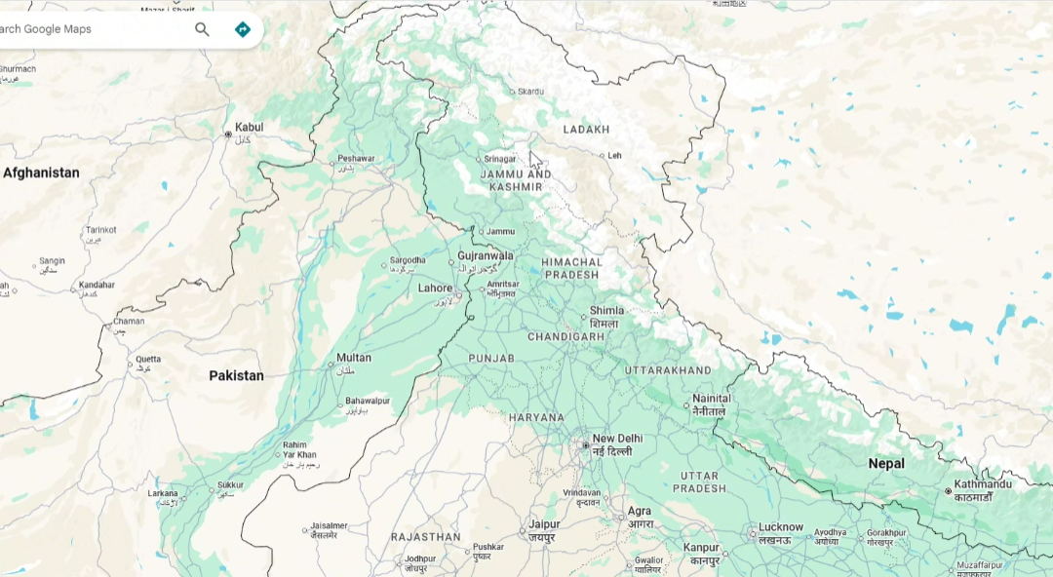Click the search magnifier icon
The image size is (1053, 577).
click(202, 29)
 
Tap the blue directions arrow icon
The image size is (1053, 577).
click(242, 29)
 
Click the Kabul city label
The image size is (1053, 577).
click(249, 128)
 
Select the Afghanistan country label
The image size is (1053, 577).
click(41, 173)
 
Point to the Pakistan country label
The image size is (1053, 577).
click(236, 375)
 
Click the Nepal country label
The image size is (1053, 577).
click(886, 464)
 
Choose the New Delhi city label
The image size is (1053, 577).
click(617, 439)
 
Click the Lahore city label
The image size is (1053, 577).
click(435, 288)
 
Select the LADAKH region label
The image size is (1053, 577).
click(586, 130)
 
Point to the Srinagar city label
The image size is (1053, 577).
click(499, 159)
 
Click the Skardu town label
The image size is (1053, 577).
click(530, 92)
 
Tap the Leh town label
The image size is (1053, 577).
click(614, 155)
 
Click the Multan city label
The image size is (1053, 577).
click(353, 358)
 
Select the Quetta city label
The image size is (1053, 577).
click(148, 359)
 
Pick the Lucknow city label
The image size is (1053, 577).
click(780, 527)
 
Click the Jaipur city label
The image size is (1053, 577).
click(543, 524)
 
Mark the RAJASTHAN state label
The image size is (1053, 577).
click(425, 537)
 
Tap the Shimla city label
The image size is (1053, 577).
click(606, 311)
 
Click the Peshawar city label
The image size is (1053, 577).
click(356, 158)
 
